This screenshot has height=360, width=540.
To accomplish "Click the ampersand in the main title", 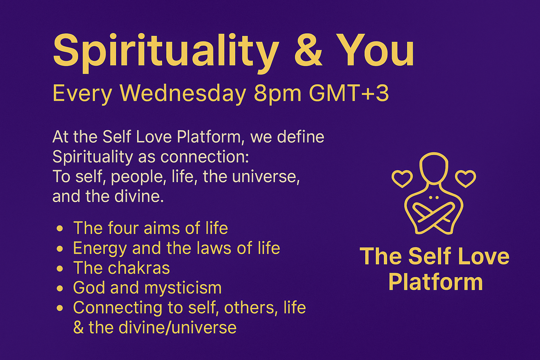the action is (x=308, y=51).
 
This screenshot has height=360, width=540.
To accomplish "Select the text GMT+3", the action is (x=348, y=94).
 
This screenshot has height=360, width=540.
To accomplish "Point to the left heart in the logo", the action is (x=402, y=179).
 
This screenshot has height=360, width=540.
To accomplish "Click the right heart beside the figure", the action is (x=465, y=179).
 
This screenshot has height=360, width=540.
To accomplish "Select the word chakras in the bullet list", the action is (x=139, y=268).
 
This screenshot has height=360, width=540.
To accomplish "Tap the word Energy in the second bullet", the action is (x=100, y=249).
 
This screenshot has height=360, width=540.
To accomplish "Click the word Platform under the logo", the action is (x=436, y=283).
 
